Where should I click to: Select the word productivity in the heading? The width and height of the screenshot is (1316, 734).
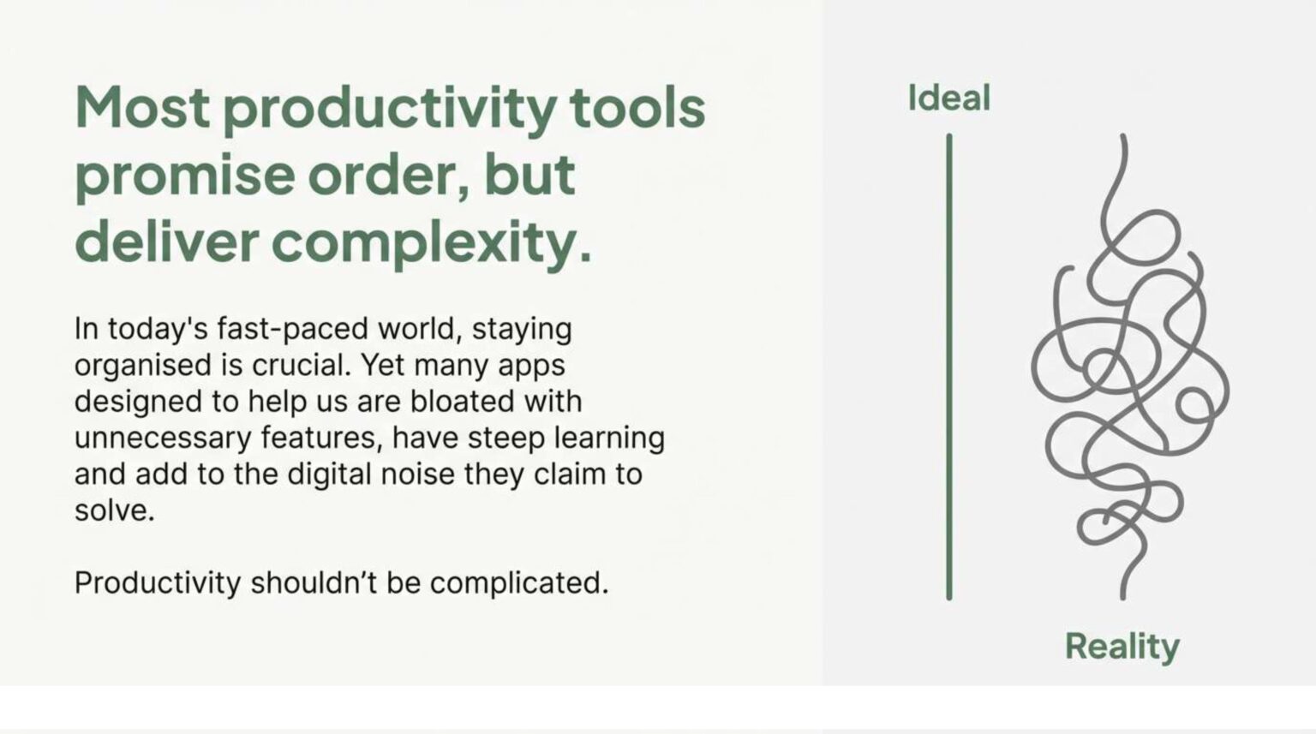point(390,111)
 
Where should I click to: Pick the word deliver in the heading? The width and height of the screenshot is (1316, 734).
point(167,242)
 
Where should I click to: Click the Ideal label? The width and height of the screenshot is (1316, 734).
point(948,98)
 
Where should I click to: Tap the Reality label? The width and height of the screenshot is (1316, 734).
point(1122,647)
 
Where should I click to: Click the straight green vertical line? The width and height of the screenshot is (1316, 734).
point(948,367)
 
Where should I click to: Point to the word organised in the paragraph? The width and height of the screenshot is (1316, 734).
point(143,367)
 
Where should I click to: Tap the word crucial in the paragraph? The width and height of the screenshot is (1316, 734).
point(301,365)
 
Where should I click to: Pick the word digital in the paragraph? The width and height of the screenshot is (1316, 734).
point(329,475)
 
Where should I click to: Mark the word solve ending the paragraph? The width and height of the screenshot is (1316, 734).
point(114,510)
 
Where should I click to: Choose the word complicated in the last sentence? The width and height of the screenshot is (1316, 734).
point(518,584)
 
